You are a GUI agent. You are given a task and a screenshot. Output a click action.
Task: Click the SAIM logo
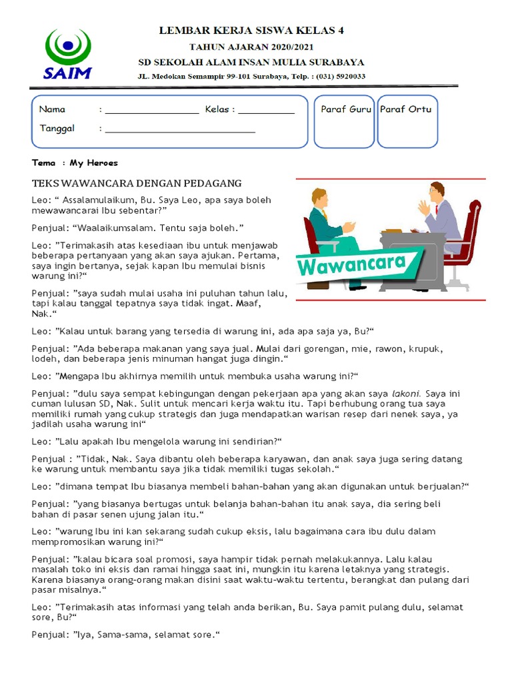(67, 53)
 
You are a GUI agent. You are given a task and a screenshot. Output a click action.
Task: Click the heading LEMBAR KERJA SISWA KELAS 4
(251, 31)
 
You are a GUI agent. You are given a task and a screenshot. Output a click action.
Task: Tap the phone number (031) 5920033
(339, 76)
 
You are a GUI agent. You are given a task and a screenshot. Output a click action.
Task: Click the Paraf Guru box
(345, 121)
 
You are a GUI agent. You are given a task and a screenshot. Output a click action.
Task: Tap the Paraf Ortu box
(407, 121)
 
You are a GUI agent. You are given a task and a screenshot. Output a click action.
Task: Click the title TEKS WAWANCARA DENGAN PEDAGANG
(137, 183)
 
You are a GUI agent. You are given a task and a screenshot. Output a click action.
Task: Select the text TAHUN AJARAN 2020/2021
(251, 47)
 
